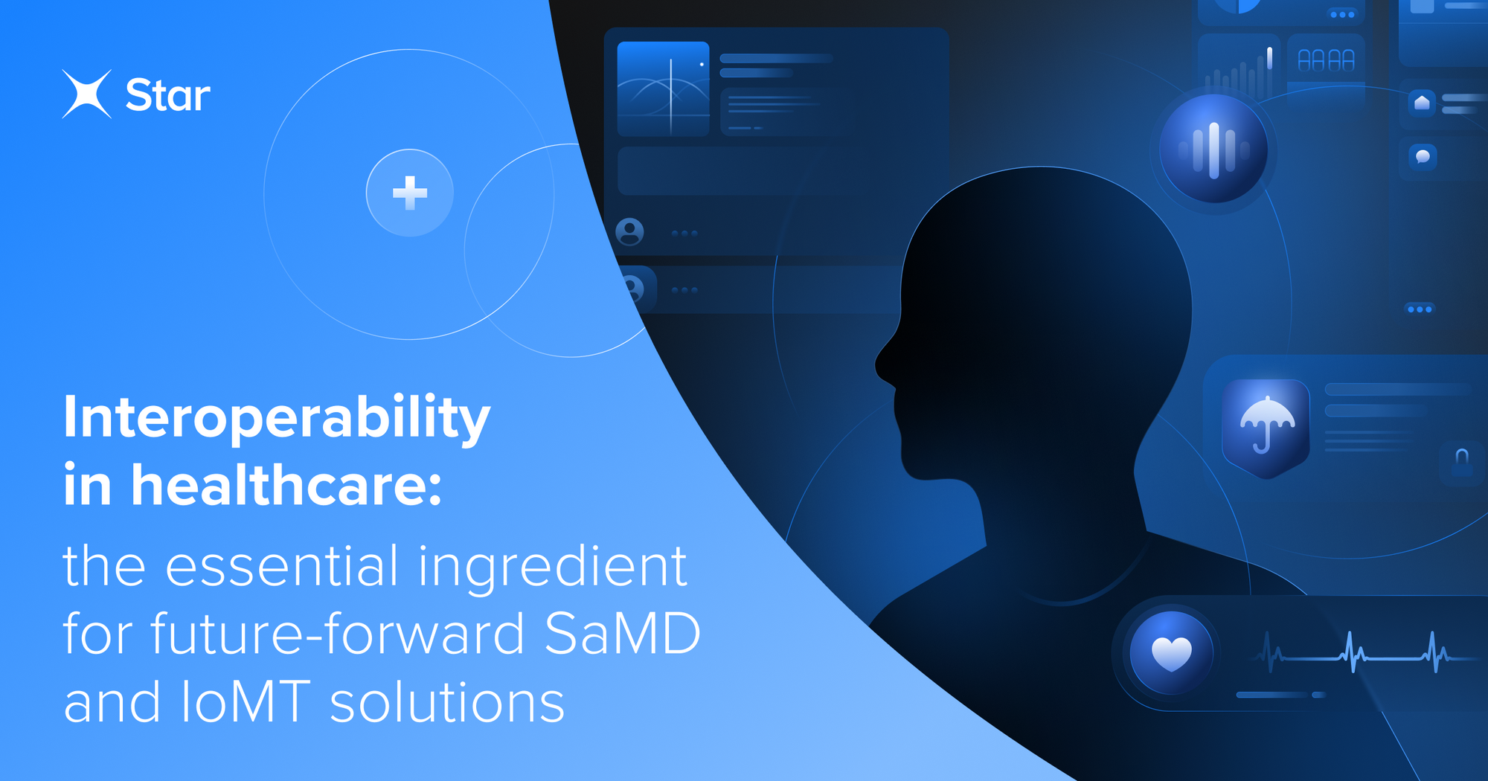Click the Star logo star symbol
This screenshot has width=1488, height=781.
[x=87, y=94]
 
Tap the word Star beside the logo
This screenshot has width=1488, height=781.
[x=167, y=96]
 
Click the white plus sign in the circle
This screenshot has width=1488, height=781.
[x=410, y=193]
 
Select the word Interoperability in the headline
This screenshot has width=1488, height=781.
[x=277, y=419]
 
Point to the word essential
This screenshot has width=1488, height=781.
[x=282, y=567]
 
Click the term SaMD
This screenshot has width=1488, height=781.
[x=623, y=634]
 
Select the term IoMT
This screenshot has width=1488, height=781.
[x=245, y=702]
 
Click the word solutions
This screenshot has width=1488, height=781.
[x=447, y=703]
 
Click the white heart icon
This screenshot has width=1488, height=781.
[x=1172, y=653]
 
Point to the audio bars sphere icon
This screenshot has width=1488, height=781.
[x=1213, y=150]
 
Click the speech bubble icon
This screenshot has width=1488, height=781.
[x=1423, y=157]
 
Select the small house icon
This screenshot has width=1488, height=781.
[x=1422, y=103]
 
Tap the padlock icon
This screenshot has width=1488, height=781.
[x=1462, y=461]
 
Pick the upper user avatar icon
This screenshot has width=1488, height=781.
[x=630, y=232]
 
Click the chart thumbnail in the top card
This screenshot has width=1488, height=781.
[x=663, y=89]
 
